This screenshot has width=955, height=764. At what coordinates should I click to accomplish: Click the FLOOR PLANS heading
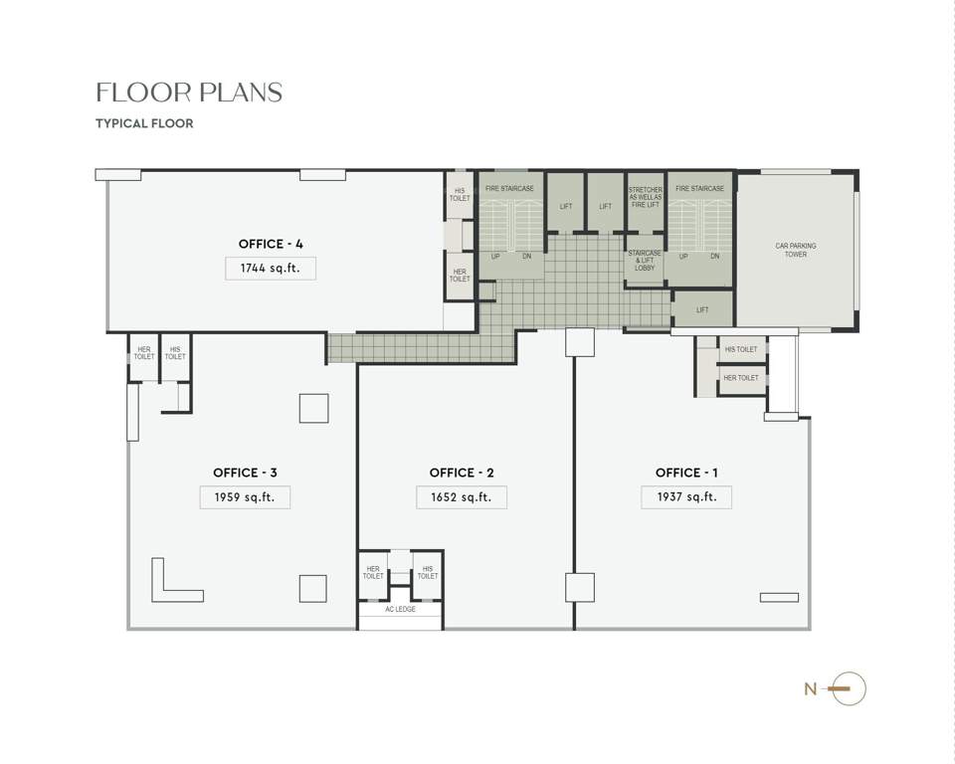point(189,93)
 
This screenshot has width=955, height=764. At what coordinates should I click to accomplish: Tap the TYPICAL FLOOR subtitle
point(144,123)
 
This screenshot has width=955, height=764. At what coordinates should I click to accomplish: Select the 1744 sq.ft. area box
point(271,268)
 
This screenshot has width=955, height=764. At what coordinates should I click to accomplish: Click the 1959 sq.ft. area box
point(245,496)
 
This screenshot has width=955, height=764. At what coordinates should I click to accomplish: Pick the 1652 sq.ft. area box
point(462,496)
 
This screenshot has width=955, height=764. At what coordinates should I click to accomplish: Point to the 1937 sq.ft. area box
point(686,496)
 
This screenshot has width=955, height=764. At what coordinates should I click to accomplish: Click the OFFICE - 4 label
point(271,244)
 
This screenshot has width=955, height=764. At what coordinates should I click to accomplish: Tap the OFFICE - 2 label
point(462,473)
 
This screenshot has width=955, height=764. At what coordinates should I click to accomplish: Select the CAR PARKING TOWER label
point(795,250)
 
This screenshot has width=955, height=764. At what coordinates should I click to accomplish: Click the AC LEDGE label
point(400,609)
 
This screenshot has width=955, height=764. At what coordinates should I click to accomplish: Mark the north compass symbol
point(847,688)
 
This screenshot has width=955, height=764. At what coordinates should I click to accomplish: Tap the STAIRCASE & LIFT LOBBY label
point(645,261)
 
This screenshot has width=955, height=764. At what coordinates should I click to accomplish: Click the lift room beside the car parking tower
point(702,309)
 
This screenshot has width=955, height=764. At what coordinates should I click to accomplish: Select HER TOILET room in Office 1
point(741,378)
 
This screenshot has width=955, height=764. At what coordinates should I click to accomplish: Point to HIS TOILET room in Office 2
point(428,574)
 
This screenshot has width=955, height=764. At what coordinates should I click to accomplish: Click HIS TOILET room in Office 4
point(460,194)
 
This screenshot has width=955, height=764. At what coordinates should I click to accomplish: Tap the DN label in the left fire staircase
point(527,257)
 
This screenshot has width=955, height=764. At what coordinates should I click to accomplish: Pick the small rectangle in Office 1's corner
point(779,597)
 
